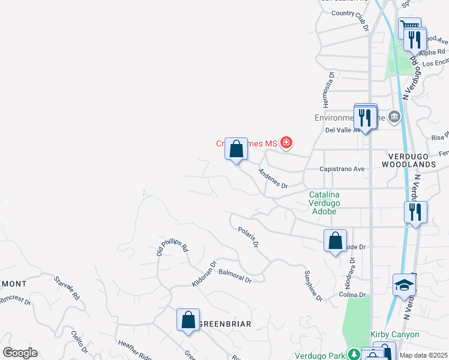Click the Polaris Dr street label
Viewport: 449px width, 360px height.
248,237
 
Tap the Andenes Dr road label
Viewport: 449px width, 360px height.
273,178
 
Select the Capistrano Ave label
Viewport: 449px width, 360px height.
342,169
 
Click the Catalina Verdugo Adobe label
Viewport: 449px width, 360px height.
324,203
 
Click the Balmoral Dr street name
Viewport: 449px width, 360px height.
234,276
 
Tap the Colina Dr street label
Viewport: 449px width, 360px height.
352,295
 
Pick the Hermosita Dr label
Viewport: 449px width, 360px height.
330,86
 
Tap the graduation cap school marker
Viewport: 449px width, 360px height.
404,286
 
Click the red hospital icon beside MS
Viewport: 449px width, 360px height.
286,143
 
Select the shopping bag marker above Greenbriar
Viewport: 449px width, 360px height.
188,320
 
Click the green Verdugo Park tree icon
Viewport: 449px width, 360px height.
354,353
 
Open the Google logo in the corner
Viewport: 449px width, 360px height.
20,353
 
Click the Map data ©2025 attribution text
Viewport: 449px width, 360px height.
423,355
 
